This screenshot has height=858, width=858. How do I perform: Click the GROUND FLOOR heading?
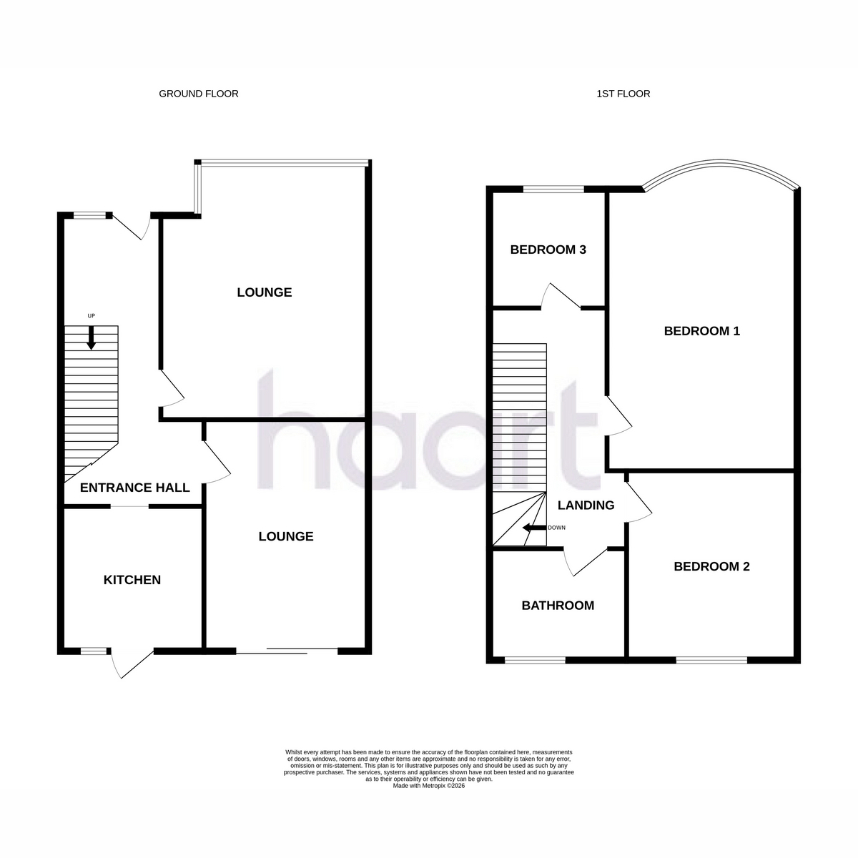(199, 94)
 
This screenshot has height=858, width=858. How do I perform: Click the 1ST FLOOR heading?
(623, 94)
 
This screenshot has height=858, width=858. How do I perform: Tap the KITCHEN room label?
(132, 580)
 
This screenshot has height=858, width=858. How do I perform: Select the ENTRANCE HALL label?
(135, 488)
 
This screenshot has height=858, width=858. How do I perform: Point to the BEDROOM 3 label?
(548, 250)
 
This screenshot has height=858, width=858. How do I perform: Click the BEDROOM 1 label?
(702, 331)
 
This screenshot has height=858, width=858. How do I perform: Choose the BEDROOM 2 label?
(712, 567)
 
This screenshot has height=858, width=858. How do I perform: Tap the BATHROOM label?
(558, 606)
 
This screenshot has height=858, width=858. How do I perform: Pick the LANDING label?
(586, 506)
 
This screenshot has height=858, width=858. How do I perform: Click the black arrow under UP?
(92, 338)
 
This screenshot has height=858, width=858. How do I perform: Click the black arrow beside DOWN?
(534, 528)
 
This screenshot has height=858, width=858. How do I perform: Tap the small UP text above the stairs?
(92, 316)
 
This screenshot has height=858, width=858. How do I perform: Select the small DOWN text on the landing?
(556, 528)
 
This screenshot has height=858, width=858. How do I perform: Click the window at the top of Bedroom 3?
(553, 189)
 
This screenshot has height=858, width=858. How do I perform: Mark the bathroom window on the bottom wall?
(535, 661)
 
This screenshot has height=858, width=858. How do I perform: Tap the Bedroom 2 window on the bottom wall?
(711, 661)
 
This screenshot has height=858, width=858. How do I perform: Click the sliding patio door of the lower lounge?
(287, 651)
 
